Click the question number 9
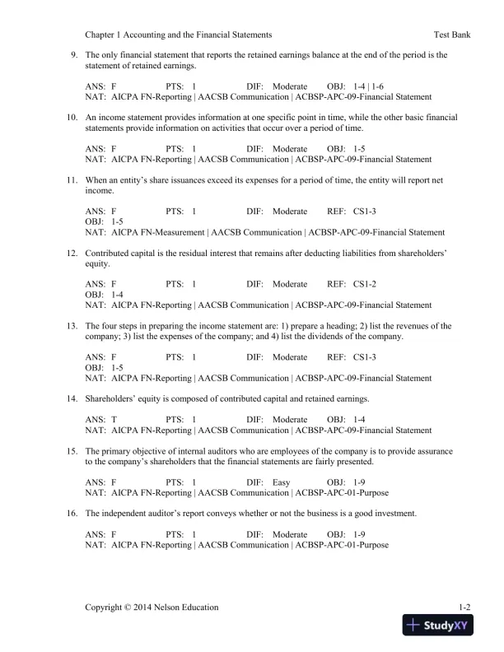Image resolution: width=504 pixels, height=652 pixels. click(74, 55)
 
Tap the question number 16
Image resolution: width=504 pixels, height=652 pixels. click(72, 514)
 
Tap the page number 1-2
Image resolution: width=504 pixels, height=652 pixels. click(464, 608)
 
